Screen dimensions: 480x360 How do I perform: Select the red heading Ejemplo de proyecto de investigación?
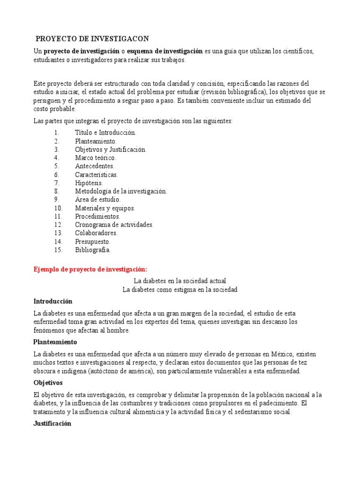pyautogui.click(x=90, y=269)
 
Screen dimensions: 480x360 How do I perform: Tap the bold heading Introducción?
pyautogui.click(x=53, y=301)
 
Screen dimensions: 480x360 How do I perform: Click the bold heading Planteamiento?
pyautogui.click(x=54, y=342)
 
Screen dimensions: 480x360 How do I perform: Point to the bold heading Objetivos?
pyautogui.click(x=49, y=382)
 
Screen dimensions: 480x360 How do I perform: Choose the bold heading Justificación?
pyautogui.click(x=52, y=423)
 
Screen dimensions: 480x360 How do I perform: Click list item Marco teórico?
pyautogui.click(x=95, y=158)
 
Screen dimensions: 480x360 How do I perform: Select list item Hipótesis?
pyautogui.click(x=89, y=183)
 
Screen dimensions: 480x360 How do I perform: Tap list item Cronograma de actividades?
pyautogui.click(x=114, y=225)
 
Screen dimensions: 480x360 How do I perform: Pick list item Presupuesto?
pyautogui.click(x=92, y=241)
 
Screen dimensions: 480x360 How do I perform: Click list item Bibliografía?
pyautogui.click(x=93, y=250)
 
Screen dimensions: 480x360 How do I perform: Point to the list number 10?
pyautogui.click(x=58, y=208)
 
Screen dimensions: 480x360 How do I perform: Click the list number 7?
pyautogui.click(x=56, y=183)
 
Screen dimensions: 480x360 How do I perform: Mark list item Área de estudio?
pyautogui.click(x=97, y=200)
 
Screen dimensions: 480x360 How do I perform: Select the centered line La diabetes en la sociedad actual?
pyautogui.click(x=180, y=281)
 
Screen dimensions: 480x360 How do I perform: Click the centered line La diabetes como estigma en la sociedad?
pyautogui.click(x=180, y=290)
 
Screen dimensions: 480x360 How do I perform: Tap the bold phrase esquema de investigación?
pyautogui.click(x=165, y=51)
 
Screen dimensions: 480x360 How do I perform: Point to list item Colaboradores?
pyautogui.click(x=96, y=233)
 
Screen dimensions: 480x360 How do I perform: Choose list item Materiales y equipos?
pyautogui.click(x=105, y=208)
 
